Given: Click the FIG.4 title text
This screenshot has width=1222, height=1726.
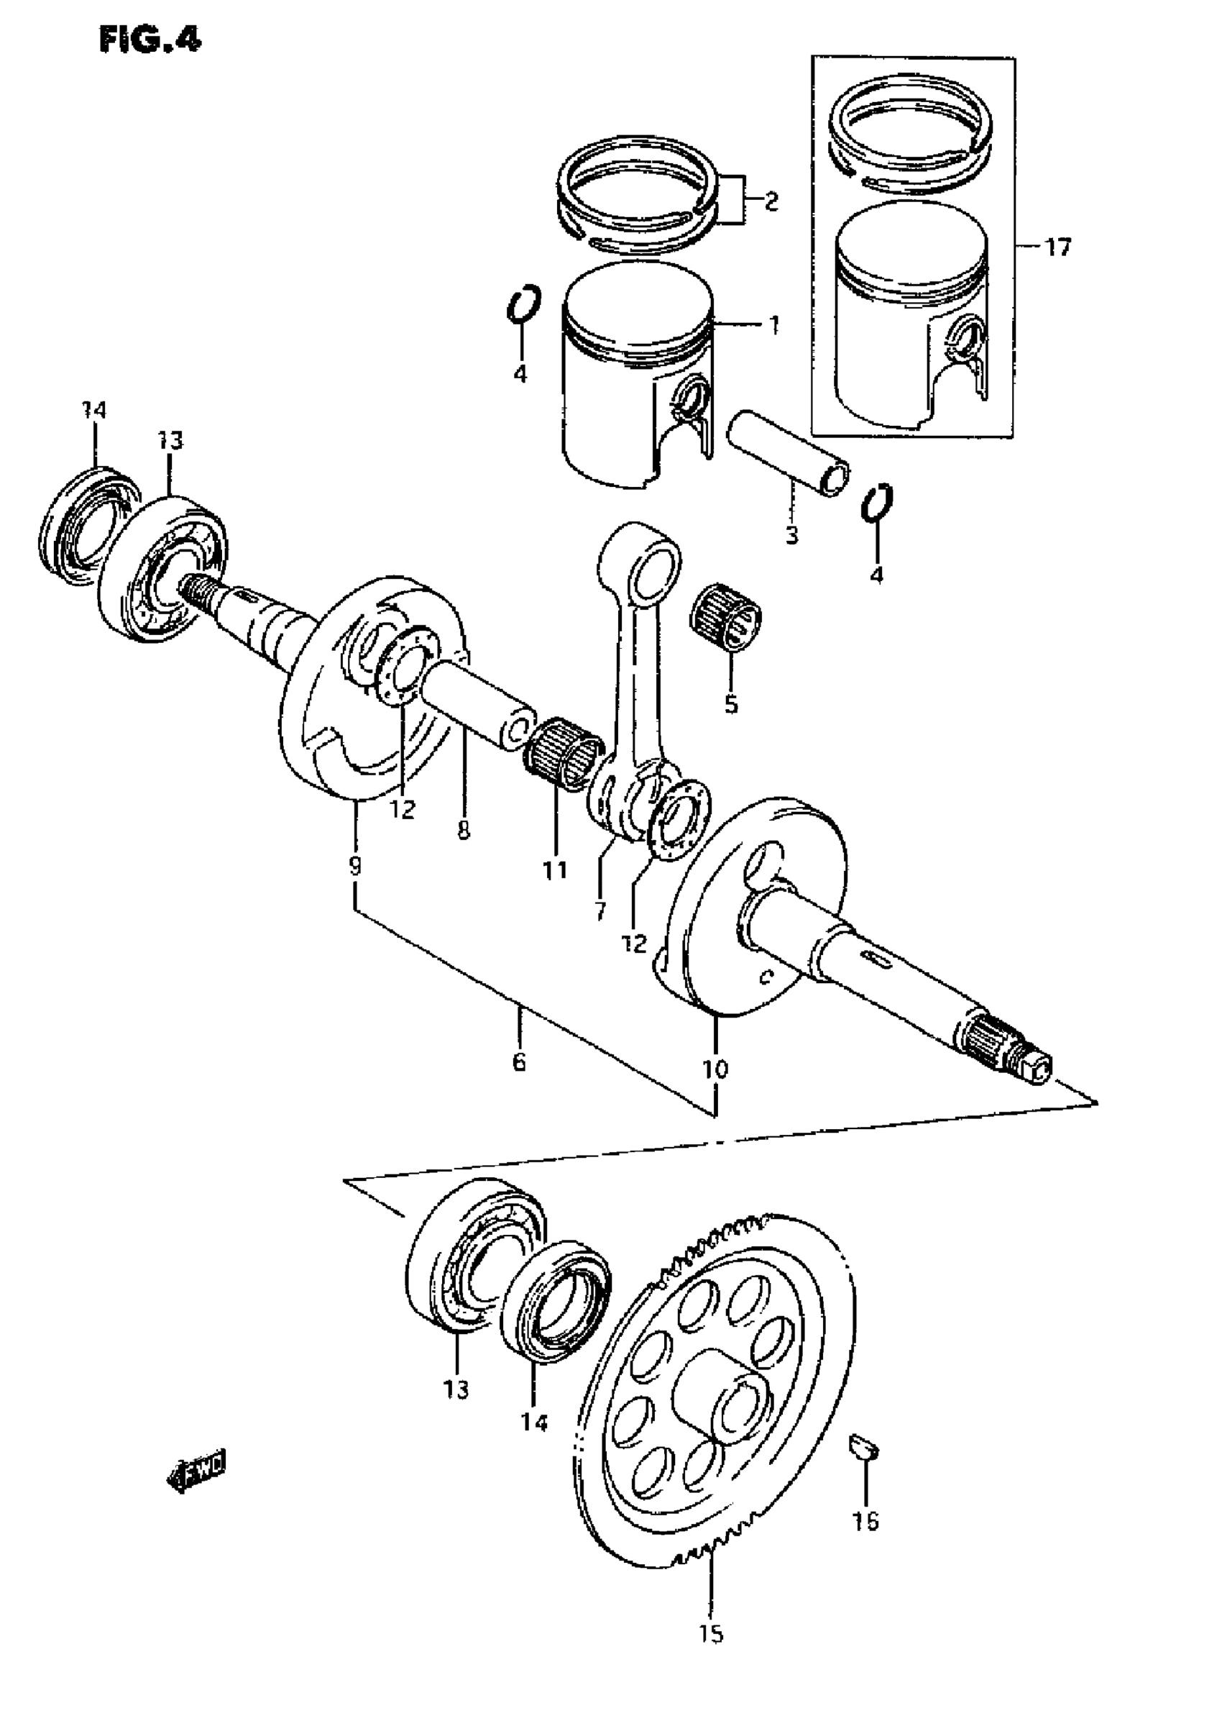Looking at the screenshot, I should tap(150, 40).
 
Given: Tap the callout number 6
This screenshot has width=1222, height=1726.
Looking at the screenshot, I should tap(518, 1062).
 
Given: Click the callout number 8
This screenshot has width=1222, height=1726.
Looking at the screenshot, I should tap(464, 830).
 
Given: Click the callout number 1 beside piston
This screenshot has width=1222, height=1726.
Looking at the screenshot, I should tap(773, 325).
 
